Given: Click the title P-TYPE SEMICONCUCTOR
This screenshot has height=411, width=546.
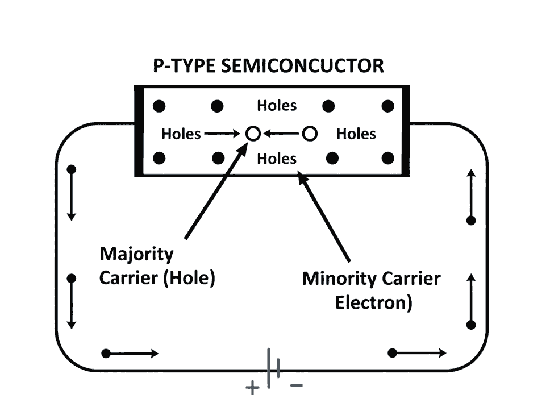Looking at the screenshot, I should coord(268,66).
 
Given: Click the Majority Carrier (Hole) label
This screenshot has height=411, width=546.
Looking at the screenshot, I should coord(157,266).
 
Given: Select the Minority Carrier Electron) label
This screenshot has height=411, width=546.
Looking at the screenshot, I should coord(372,290).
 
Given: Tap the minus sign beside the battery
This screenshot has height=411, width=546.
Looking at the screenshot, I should coord(297,386).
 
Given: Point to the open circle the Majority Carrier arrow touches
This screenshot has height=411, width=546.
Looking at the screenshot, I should coord(253,134).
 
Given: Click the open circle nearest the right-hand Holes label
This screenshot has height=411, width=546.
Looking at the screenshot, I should coord(309,134).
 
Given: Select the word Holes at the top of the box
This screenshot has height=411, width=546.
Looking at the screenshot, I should coord(277,106).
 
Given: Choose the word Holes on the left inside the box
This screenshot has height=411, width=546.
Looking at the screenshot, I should coord(181,134).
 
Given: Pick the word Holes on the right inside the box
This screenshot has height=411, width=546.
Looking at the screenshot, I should coord(356,134).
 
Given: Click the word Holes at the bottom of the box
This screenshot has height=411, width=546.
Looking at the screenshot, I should coord(277,159).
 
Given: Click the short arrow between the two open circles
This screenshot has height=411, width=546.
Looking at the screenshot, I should coord(281,134).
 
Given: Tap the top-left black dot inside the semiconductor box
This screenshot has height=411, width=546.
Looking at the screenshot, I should coord(160,106).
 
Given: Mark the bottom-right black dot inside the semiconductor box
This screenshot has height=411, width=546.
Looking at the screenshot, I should coord(388,159).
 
